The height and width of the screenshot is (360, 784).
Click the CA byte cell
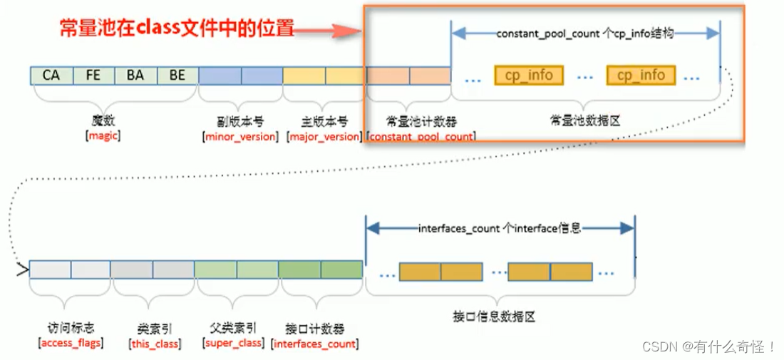[x=51, y=75]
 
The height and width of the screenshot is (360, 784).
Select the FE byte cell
[x=93, y=75]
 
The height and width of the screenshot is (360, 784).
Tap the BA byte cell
[x=135, y=75]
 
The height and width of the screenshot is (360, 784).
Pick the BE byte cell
[x=177, y=75]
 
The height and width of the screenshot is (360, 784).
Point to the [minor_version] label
[x=240, y=136]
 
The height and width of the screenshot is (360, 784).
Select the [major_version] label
[x=324, y=136]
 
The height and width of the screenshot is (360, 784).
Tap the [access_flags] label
[x=69, y=344]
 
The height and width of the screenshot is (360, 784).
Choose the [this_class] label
[x=154, y=344]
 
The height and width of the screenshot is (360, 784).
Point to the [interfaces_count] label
[x=314, y=344]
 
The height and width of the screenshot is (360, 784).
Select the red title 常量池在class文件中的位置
[x=177, y=29]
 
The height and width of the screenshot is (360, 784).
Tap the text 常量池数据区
[x=585, y=121]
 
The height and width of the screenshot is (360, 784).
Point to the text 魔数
[x=103, y=121]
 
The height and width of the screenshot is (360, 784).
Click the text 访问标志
[x=68, y=329]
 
